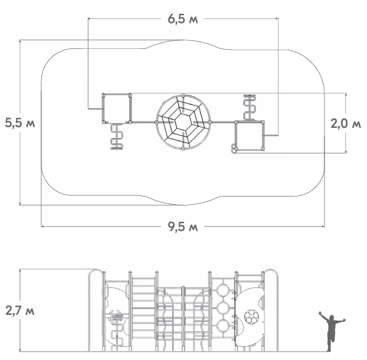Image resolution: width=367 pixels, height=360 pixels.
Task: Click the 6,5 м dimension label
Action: pos(183,19)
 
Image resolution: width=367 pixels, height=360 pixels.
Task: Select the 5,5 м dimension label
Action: pos(20,123)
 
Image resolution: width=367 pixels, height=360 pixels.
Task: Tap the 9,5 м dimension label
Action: pos(183,226)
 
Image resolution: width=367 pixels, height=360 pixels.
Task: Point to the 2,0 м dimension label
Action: pos(346,123)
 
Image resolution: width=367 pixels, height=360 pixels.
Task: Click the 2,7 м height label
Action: pos(20,310)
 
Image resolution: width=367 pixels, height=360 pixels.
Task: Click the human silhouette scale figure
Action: pos(331,331)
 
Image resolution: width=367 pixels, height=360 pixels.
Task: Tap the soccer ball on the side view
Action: pos(251,317)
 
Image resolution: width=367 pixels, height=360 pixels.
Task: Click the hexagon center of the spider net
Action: pos(183,122)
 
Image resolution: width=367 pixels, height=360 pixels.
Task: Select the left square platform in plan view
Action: pos(117,109)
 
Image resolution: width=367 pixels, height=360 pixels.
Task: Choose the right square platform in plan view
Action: pos(249,135)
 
